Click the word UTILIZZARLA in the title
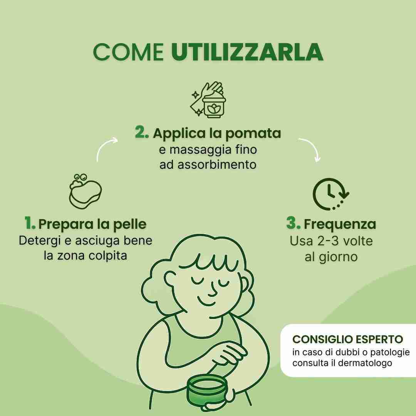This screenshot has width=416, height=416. (x=247, y=52)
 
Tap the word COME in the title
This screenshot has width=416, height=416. (x=128, y=52)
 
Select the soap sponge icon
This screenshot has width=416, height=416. (x=85, y=191)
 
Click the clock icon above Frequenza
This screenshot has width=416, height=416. (x=330, y=194)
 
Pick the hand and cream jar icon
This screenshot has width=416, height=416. (x=208, y=99)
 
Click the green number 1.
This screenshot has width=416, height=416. (x=30, y=223)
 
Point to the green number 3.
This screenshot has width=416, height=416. (x=294, y=223)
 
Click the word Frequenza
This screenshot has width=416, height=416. (x=340, y=224)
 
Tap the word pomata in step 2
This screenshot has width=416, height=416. (x=253, y=134)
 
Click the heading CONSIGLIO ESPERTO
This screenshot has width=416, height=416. (x=347, y=339)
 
